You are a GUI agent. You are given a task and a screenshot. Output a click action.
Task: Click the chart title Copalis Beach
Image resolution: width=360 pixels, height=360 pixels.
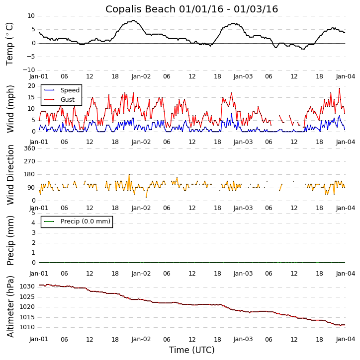[191, 9]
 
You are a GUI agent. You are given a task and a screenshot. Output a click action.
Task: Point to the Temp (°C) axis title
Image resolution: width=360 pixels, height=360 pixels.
[10, 43]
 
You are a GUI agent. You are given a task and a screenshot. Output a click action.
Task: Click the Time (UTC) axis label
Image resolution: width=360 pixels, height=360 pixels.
[191, 350]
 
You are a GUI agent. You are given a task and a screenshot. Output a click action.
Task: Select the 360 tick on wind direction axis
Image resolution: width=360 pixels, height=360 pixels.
[29, 148]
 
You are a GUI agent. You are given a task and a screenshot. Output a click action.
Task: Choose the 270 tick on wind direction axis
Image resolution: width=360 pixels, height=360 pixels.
[29, 161]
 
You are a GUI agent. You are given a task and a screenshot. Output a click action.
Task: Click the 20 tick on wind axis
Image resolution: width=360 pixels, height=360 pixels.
[31, 86]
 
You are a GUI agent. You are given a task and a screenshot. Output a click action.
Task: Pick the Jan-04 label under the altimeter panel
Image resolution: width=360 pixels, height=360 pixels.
[345, 340]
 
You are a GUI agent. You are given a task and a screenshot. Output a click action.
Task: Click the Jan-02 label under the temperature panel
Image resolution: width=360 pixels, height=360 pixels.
[141, 77]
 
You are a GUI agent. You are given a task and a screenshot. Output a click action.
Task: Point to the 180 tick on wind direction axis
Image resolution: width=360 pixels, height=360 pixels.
[29, 175]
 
